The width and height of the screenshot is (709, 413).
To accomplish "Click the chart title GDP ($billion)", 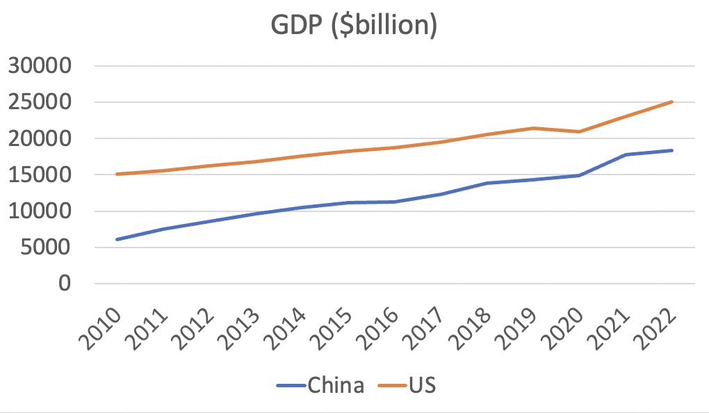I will pos(354,26).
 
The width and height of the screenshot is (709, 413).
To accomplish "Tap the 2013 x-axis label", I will pos(243,323).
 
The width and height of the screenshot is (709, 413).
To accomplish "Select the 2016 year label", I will pos(381,323).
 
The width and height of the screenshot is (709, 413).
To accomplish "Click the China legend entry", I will pos(320,384).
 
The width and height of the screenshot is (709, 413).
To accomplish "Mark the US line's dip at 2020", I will pos(579,131).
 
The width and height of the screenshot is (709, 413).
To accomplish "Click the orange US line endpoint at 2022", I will pos(672,102).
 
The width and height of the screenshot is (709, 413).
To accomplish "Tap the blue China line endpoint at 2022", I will pos(672,150).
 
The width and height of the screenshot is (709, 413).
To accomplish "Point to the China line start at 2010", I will pos(117,239).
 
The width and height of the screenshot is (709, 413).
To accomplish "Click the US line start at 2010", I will pos(117,174).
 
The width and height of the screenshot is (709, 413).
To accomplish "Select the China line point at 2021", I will pos(626,154).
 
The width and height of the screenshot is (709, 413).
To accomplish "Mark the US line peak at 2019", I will pos(533,128).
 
